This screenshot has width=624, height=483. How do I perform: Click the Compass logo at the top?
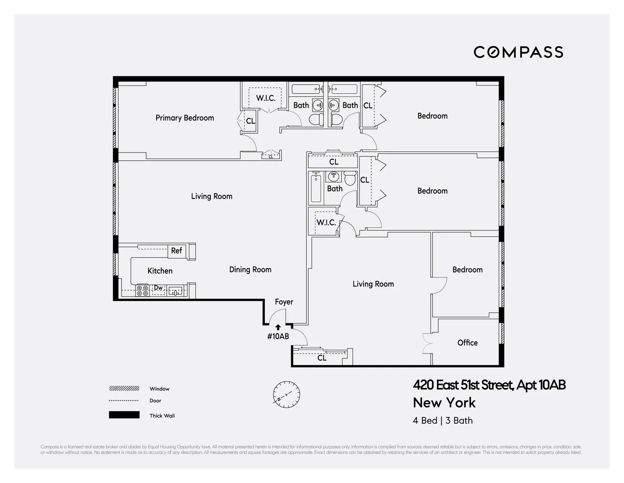[518, 52]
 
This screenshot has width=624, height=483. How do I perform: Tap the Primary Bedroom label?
[185, 118]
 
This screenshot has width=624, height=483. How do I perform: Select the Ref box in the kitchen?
[176, 251]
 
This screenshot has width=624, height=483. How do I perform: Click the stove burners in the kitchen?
[142, 290]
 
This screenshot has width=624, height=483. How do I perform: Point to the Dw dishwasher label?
[158, 288]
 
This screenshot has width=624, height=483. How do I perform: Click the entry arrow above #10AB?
[278, 327]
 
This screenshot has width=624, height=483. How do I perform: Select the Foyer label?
[284, 302]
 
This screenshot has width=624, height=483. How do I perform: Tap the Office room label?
[467, 342]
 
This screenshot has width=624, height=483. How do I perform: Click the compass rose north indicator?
[286, 394]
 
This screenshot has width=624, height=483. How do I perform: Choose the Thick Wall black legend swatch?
[124, 415]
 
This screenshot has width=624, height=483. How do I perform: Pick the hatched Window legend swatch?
[124, 388]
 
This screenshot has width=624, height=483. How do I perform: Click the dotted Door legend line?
[124, 400]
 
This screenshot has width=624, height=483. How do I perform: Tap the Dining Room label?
[250, 270]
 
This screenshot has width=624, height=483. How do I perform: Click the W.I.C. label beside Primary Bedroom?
[266, 98]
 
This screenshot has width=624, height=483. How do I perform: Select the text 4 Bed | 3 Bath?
[443, 420]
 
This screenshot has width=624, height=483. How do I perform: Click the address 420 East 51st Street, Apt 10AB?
[489, 385]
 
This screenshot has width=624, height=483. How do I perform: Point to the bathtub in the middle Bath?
[316, 188]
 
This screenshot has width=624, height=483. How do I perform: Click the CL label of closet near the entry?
[322, 358]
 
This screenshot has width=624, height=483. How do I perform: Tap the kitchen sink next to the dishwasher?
[175, 291]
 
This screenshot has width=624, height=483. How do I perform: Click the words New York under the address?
[444, 402]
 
